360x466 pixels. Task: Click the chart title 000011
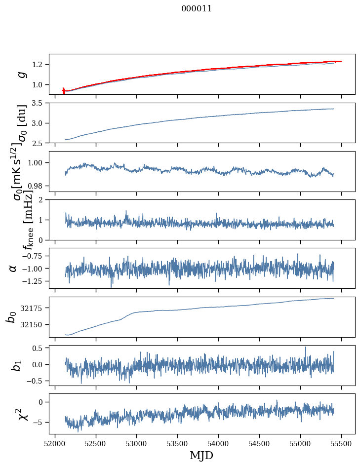[197, 8]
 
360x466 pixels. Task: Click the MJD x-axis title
[201, 455]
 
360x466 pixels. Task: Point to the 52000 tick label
[55, 443]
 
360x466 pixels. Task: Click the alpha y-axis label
[13, 268]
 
